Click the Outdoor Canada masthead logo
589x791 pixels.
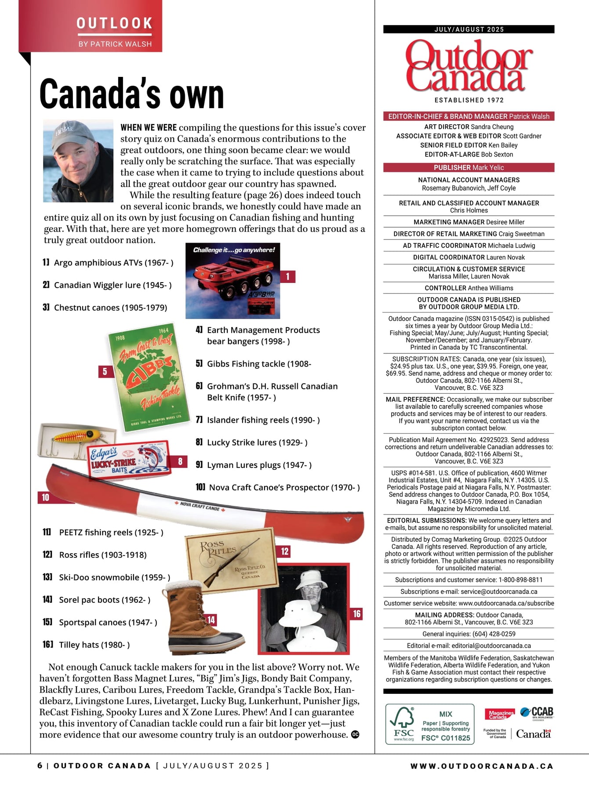469,66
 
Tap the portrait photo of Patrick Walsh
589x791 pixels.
78,161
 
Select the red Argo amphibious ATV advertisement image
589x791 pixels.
233,281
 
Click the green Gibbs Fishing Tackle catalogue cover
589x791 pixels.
149,377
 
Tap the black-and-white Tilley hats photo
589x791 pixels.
304,608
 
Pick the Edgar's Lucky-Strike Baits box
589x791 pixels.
129,459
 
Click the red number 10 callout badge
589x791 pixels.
46,497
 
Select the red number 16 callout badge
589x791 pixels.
356,613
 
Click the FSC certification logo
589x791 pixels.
403,724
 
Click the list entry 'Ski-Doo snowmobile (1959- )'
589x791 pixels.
114,577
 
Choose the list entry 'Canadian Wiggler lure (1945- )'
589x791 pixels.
113,285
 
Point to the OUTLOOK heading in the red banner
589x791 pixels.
114,23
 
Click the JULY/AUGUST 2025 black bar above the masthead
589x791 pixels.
469,29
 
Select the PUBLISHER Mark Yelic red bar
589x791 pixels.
469,167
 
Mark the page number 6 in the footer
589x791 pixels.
40,766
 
